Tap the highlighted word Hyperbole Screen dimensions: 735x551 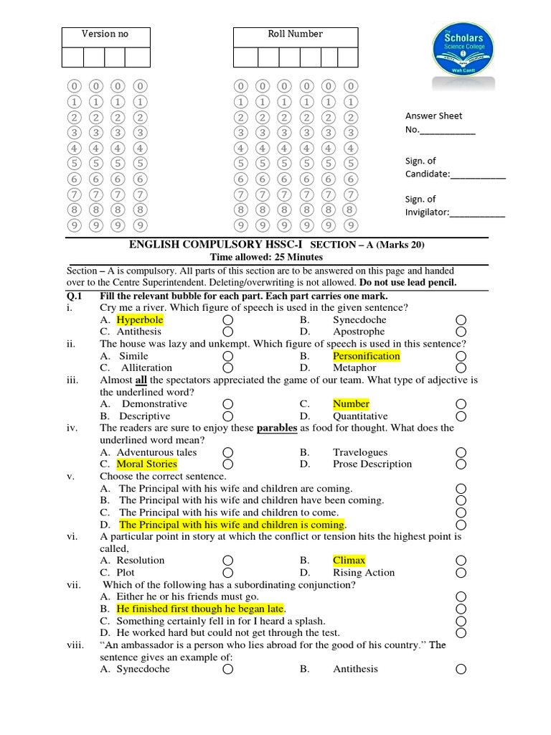(140, 319)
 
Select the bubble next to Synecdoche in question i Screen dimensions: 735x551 (461, 320)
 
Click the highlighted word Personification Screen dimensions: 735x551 (366, 356)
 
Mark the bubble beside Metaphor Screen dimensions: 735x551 (461, 368)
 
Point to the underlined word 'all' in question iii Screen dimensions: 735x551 (141, 380)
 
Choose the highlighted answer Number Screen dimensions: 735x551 (351, 404)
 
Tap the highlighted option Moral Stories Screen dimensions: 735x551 (146, 464)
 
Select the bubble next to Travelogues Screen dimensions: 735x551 (461, 452)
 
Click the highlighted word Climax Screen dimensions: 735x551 (349, 560)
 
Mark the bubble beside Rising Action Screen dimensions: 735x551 (461, 573)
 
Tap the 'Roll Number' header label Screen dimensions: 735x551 (295, 34)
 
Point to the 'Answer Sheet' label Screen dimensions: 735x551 (433, 116)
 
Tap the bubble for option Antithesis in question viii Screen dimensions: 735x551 (461, 669)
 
